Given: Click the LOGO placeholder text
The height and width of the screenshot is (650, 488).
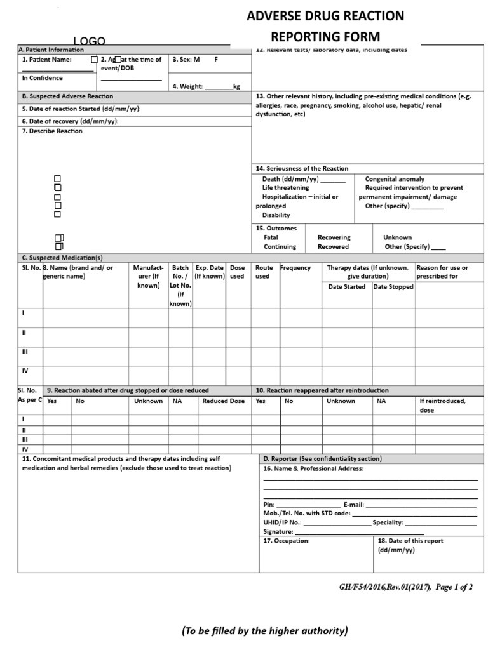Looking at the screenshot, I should tap(88, 41).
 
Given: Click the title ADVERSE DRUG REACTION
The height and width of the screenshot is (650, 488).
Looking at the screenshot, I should tap(325, 16).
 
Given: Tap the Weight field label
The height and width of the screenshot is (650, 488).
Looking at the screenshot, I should tap(187, 86).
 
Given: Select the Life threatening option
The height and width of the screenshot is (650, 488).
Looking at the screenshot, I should tap(285, 188).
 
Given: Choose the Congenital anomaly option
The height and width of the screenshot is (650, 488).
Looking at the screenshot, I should tap(395, 179).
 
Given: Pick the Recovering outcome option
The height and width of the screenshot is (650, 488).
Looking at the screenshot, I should tap(334, 237).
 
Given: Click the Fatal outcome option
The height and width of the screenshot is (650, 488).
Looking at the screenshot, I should tap(271, 237).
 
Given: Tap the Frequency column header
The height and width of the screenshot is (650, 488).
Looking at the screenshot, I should tap(295, 268).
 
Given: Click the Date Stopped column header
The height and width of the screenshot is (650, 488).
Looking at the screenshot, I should tap(393, 287).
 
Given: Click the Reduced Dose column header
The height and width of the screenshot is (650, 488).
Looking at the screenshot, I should tap(223, 401).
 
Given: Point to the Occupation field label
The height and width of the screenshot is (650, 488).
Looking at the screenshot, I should tap(287, 541).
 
